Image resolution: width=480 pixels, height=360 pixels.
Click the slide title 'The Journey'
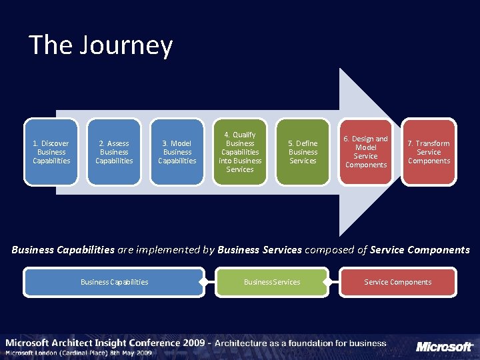(101, 45)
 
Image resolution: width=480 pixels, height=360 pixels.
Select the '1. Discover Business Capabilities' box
(51, 152)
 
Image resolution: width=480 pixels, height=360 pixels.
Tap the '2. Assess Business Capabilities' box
(114, 152)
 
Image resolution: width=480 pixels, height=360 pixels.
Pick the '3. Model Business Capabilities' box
(177, 152)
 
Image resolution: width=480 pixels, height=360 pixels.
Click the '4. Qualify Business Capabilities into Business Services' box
(240, 152)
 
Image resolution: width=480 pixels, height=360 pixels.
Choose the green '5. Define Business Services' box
(303, 152)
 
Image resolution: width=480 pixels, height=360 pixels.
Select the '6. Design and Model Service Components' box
(366, 152)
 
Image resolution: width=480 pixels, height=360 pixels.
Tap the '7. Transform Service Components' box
(429, 152)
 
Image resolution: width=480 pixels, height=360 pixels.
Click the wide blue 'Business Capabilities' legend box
(114, 282)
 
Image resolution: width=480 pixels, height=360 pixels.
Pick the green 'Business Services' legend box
(272, 282)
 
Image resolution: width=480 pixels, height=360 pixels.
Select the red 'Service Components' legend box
(398, 282)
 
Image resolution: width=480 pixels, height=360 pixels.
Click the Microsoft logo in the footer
(445, 347)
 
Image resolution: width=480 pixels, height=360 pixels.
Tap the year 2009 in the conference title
(193, 343)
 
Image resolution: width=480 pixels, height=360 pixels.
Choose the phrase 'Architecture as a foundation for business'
(300, 343)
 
